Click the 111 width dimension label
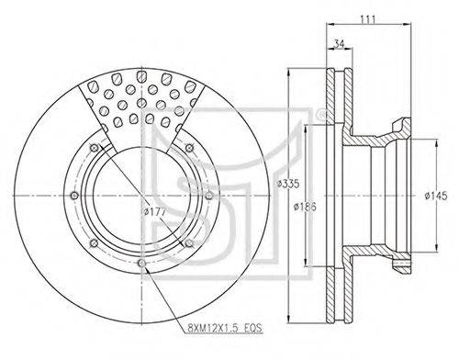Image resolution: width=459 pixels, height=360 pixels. [367, 19]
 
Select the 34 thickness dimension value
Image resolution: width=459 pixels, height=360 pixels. [339, 44]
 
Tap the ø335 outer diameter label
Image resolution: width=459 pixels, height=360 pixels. [288, 184]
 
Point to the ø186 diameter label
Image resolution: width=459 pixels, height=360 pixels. [305, 207]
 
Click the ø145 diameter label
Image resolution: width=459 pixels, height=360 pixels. [436, 196]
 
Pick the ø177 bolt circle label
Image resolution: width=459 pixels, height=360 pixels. [155, 211]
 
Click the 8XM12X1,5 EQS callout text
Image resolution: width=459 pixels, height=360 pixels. [225, 329]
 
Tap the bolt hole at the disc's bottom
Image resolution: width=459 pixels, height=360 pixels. [141, 263]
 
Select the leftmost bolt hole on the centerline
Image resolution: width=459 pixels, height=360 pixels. [74, 196]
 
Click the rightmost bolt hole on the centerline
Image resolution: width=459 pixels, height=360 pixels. [209, 196]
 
